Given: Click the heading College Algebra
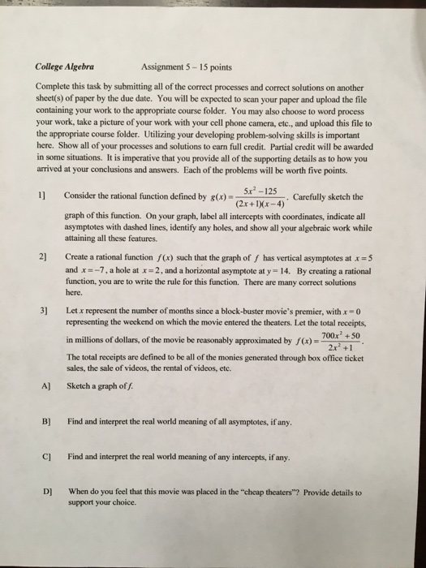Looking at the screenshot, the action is click(65, 67).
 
